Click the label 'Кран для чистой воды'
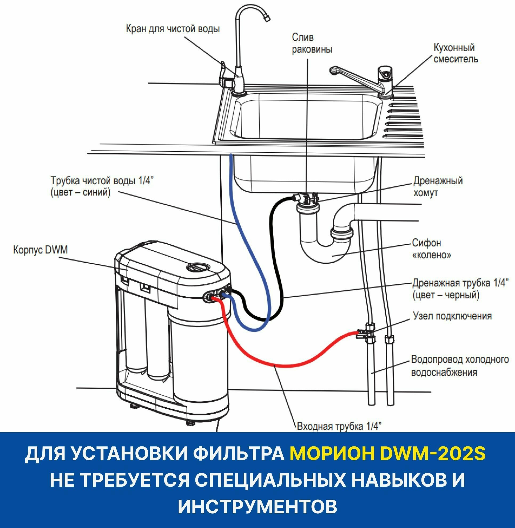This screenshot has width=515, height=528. pos(172,29)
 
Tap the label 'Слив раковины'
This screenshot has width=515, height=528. pos(312,43)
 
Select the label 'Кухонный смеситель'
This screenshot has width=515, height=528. pos(456,53)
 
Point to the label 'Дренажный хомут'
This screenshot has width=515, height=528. pos(438,187)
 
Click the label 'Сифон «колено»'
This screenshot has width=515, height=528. pos(431,249)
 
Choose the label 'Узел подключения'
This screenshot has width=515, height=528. pos(452,316)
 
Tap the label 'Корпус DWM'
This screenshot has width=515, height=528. pos(40,250)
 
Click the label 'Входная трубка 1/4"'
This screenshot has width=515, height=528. pos(339,426)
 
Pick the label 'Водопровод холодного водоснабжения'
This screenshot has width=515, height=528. pos(460,366)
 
